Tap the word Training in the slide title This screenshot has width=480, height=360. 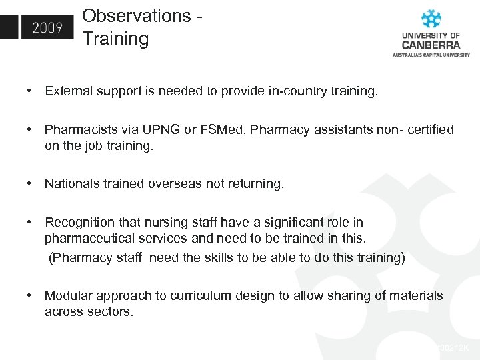tap(115, 39)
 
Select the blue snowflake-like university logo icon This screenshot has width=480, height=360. tap(431, 18)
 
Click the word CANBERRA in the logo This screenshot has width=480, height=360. tap(431, 45)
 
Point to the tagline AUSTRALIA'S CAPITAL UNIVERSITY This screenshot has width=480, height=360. tap(431, 55)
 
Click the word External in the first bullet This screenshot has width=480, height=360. tap(67, 91)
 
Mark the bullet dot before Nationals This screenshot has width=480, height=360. tap(30, 183)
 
